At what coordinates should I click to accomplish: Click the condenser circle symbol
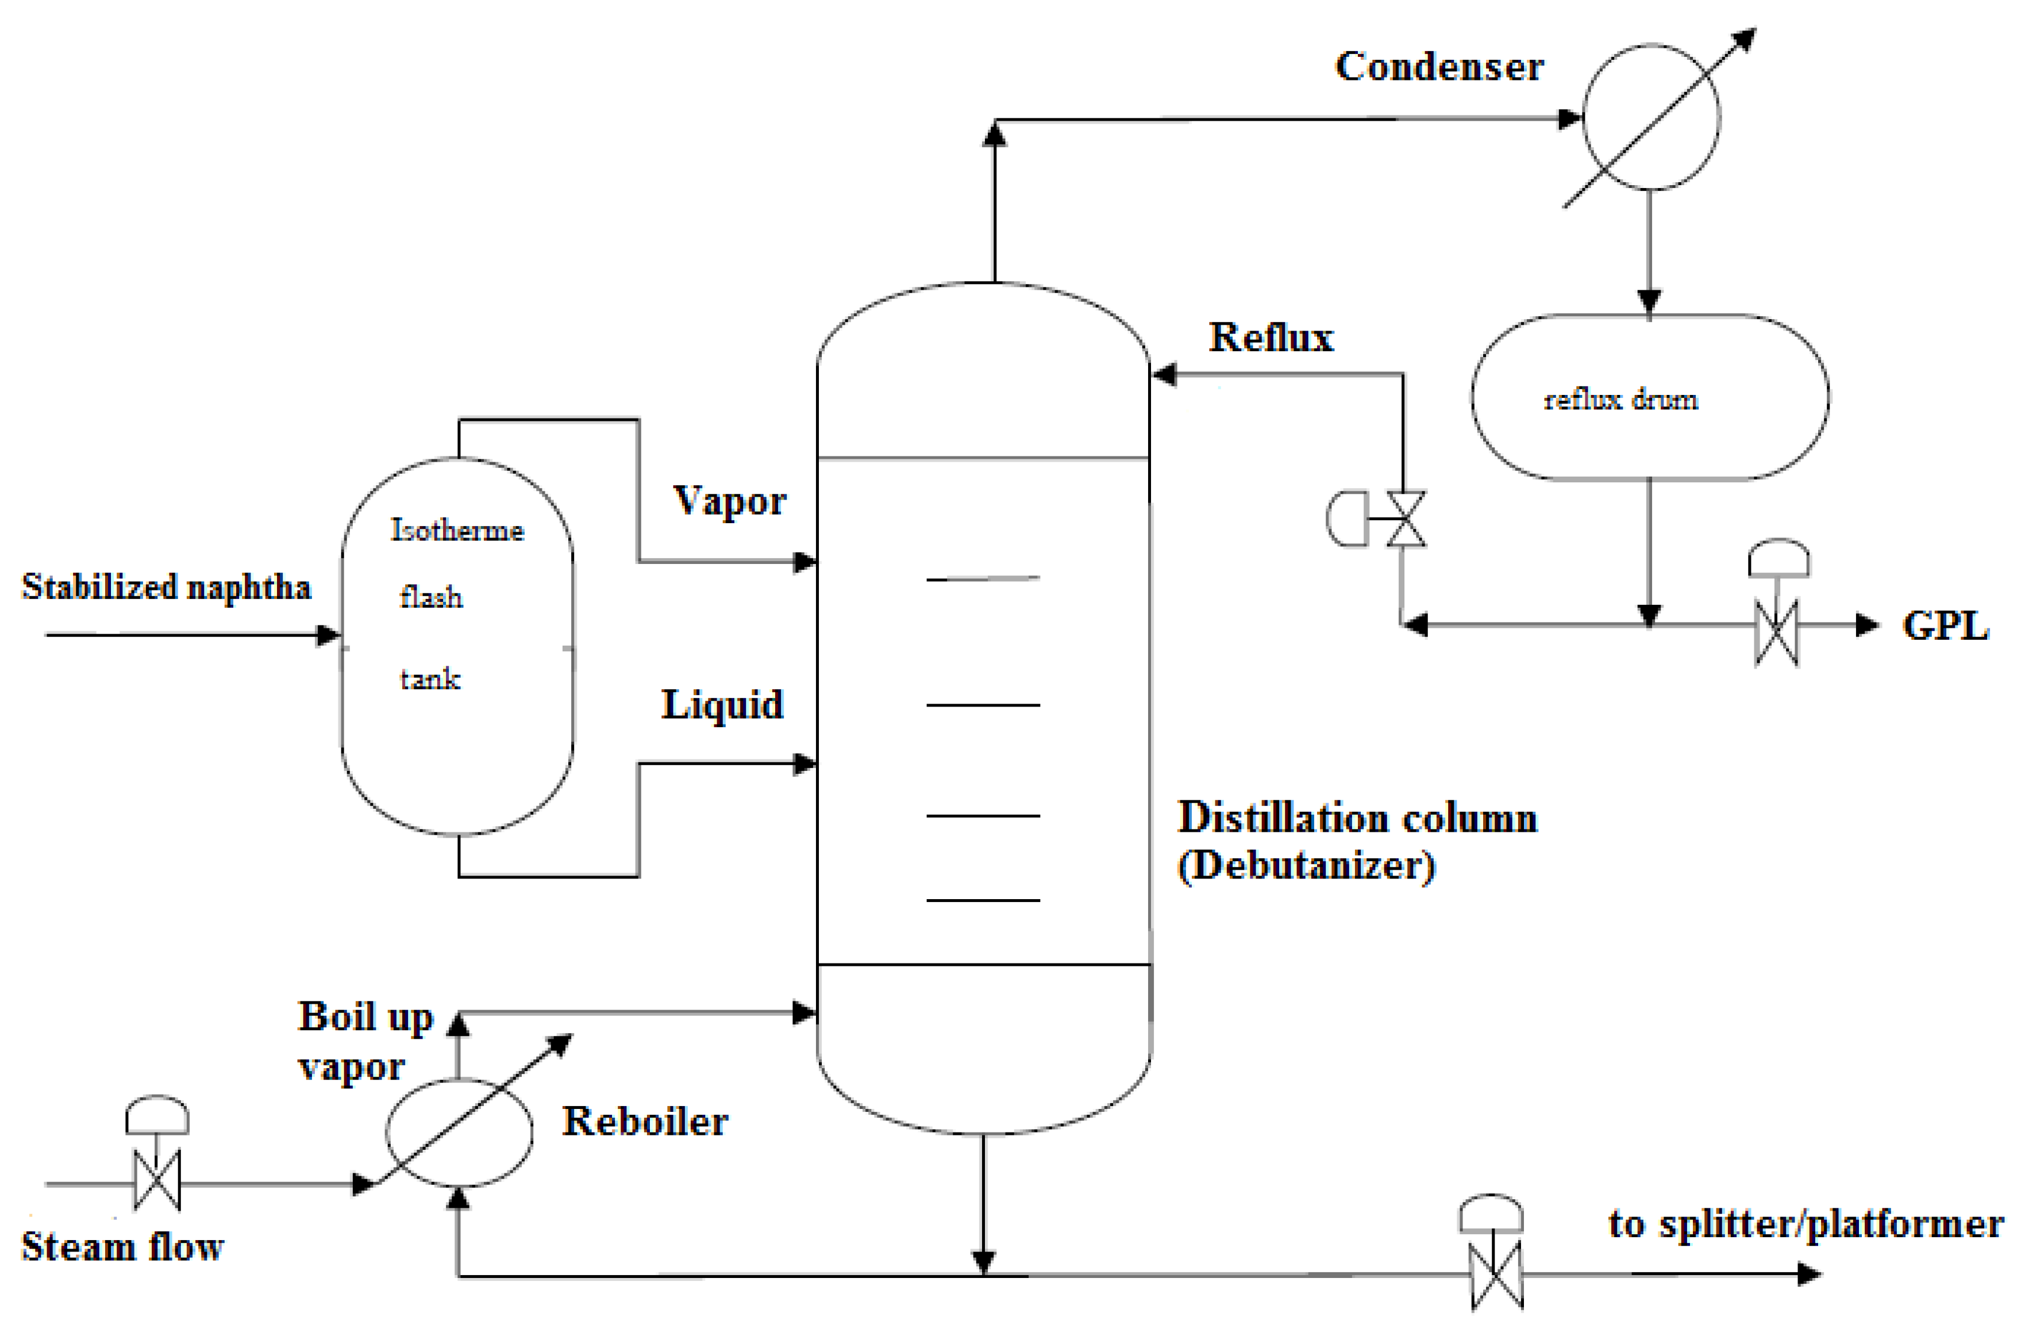point(1651,117)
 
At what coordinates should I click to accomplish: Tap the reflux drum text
point(1620,400)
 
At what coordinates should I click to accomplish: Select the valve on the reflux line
point(1406,519)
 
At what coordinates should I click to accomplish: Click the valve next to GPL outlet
point(1776,632)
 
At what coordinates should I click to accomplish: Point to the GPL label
point(1945,626)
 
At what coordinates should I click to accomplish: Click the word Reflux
point(1271,337)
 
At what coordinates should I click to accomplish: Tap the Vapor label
point(729,500)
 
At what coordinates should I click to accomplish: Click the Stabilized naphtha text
point(167,587)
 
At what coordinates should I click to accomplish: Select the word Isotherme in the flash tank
point(457,530)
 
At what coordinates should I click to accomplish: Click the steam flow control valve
point(157,1180)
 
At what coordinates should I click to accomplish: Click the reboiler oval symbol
point(459,1132)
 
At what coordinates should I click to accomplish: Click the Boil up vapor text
point(365,1040)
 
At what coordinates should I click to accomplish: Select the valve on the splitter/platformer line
point(1495,1275)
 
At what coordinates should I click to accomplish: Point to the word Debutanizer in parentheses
point(1306,866)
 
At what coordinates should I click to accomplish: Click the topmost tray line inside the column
point(983,578)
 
